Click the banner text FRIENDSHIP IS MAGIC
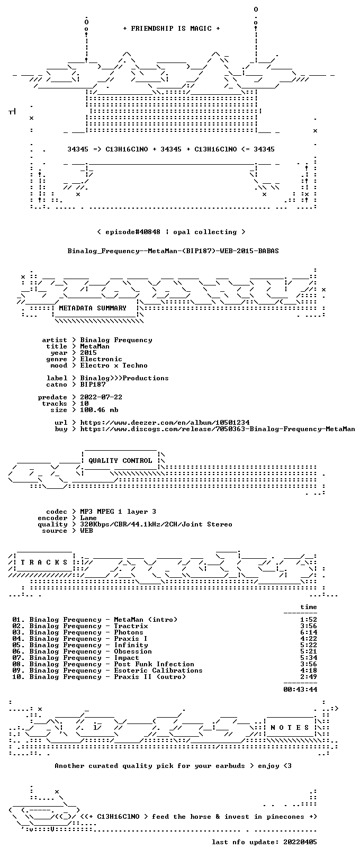171,29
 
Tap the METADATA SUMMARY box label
93,308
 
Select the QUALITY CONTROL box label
120,460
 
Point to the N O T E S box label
290,727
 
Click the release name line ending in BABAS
173,251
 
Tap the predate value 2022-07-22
101,397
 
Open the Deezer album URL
165,423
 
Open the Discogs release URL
218,429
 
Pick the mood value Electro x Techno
114,365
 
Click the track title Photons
129,632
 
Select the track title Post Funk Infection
154,664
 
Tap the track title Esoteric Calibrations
158,671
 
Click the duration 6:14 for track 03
309,632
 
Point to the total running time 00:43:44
300,690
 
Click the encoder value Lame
88,518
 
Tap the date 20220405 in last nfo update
300,842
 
